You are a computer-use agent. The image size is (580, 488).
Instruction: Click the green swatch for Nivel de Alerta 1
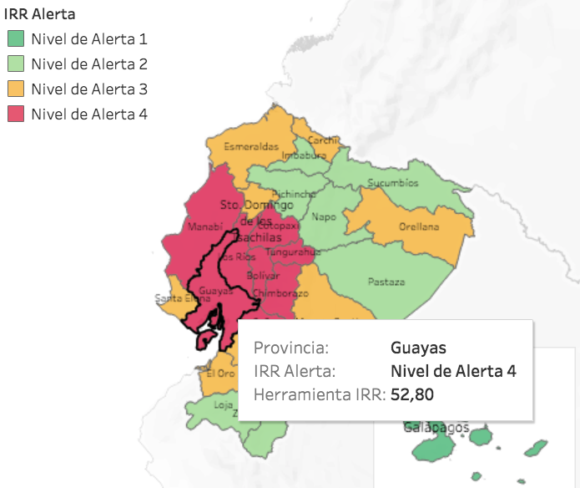coord(15,38)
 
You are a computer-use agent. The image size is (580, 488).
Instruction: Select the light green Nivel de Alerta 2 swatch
coord(15,64)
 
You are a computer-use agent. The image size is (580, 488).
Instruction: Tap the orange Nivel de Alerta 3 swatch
coord(15,89)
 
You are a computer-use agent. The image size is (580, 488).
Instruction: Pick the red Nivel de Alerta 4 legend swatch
coord(15,114)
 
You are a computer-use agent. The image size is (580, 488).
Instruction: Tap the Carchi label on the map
coord(322,140)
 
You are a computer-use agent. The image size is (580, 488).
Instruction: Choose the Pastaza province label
coord(386,282)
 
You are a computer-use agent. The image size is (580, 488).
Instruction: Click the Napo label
coord(324,217)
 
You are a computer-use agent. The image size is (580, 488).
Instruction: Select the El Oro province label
coord(220,374)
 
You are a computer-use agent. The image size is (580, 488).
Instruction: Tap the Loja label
coord(223,404)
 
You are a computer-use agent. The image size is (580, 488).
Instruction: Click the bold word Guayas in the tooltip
coord(418,348)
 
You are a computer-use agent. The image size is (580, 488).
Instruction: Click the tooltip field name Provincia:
coord(291,348)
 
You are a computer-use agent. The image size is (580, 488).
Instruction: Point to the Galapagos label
coord(431,427)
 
